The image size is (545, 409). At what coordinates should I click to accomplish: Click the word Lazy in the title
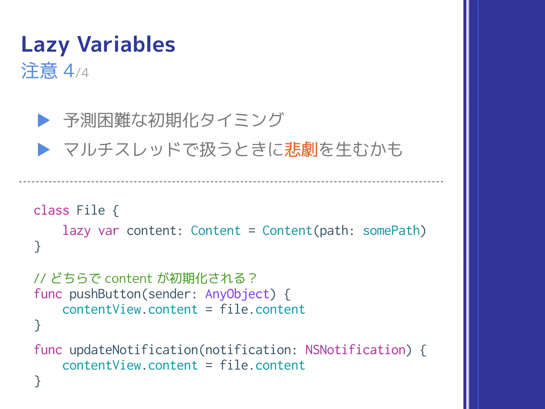click(45, 44)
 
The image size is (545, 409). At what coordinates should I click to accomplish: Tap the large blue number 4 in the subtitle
click(69, 71)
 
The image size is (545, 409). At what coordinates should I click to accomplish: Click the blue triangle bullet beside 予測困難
click(44, 120)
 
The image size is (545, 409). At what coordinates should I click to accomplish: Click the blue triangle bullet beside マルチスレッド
click(44, 149)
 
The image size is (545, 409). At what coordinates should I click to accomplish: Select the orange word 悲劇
click(301, 149)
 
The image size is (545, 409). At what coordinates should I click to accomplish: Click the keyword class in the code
click(51, 210)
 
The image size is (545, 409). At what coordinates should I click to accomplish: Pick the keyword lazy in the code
click(76, 231)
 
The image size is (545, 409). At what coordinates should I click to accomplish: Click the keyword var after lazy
click(109, 231)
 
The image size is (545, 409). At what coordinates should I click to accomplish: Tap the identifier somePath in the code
click(391, 231)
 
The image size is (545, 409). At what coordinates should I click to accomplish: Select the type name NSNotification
click(355, 350)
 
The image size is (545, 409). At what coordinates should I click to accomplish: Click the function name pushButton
click(105, 294)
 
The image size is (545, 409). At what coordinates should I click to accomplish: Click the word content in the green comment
click(129, 279)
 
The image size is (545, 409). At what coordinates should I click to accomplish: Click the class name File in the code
click(91, 210)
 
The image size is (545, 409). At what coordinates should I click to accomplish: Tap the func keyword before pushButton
click(48, 294)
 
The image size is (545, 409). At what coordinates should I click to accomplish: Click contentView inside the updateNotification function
click(102, 365)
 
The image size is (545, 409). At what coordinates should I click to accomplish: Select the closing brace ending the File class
click(37, 247)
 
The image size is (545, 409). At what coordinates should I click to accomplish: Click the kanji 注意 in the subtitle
click(39, 71)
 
